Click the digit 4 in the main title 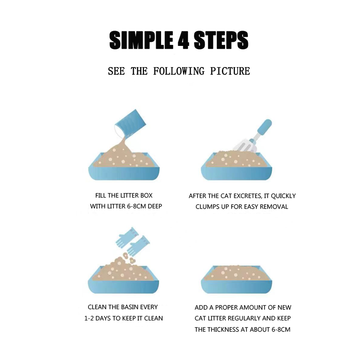click(x=183, y=40)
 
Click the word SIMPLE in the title click(x=141, y=40)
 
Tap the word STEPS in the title click(x=221, y=40)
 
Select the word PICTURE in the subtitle click(x=230, y=71)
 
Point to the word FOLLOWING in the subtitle click(x=179, y=71)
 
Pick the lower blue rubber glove click(x=138, y=247)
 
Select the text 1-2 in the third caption click(x=89, y=318)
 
